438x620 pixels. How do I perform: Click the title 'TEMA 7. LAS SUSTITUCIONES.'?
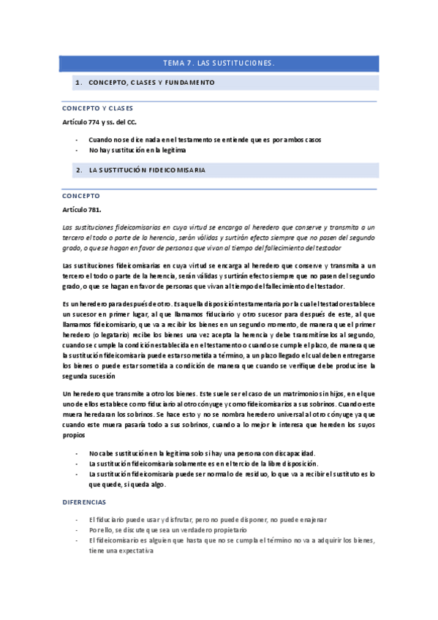219,64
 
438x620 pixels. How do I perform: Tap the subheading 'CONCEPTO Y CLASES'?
97,108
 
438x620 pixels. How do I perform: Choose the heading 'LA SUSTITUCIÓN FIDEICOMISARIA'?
146,170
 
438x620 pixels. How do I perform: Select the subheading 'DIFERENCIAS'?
84,502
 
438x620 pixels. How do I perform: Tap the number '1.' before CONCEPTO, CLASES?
78,83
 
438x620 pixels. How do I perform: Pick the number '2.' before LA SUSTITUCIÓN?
78,170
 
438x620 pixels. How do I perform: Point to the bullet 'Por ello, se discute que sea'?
167,529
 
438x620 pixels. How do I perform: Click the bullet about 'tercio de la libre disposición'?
203,464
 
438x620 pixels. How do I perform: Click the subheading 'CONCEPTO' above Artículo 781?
81,196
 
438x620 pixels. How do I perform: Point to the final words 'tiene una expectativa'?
121,551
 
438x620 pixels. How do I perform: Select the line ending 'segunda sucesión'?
88,376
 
